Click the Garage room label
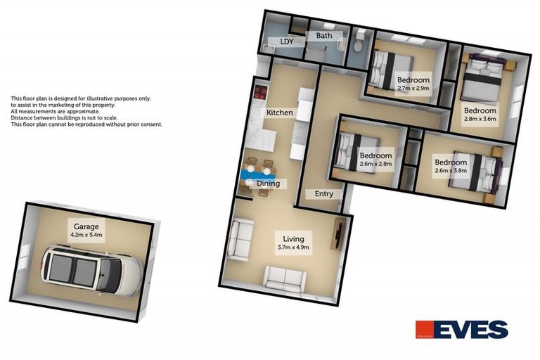(84, 226)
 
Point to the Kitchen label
(279, 112)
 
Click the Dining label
(268, 184)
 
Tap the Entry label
(323, 194)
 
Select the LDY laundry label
(286, 41)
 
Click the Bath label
(323, 35)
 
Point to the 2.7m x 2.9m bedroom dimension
(413, 89)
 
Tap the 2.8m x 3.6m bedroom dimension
(480, 119)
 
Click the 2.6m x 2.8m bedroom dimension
(375, 164)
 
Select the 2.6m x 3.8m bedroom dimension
(450, 171)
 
